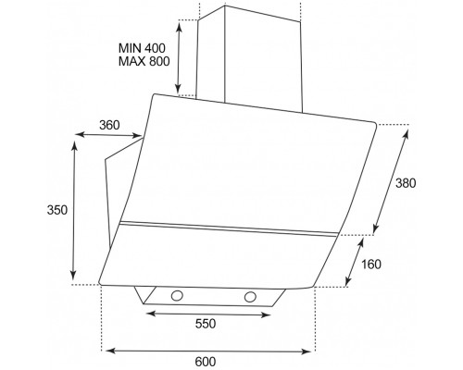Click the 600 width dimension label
tap(206, 362)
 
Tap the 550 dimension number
tap(206, 324)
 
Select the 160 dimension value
tap(371, 265)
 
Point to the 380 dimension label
tap(406, 183)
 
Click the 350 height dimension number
tap(56, 210)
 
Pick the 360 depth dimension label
tap(109, 125)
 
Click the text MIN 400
tap(142, 48)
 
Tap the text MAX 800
tap(144, 61)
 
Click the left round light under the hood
tap(177, 296)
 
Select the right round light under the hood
tap(250, 297)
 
